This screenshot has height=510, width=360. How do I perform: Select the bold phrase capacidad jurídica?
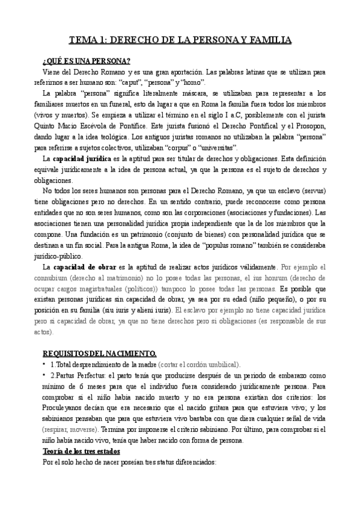tap(82, 158)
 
